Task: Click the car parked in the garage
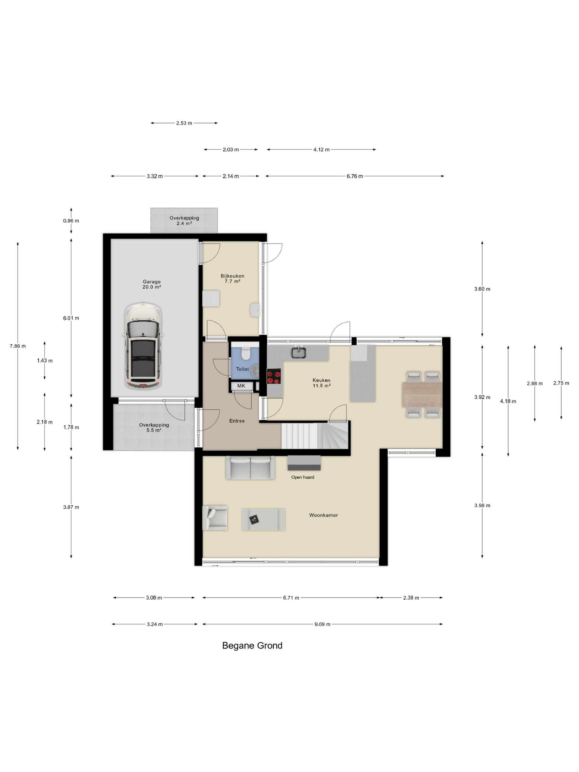pyautogui.click(x=143, y=347)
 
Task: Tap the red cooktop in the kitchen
pyautogui.click(x=274, y=376)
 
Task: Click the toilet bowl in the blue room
pyautogui.click(x=246, y=353)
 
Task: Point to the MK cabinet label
pyautogui.click(x=241, y=386)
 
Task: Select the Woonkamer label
pyautogui.click(x=323, y=515)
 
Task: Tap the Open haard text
pyautogui.click(x=302, y=477)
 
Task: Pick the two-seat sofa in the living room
pyautogui.click(x=250, y=468)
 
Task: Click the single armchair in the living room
pyautogui.click(x=215, y=518)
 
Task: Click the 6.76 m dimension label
pyautogui.click(x=355, y=176)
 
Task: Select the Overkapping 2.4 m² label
pyautogui.click(x=184, y=221)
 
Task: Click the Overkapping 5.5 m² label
pyautogui.click(x=154, y=428)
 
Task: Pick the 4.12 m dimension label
pyautogui.click(x=321, y=150)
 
